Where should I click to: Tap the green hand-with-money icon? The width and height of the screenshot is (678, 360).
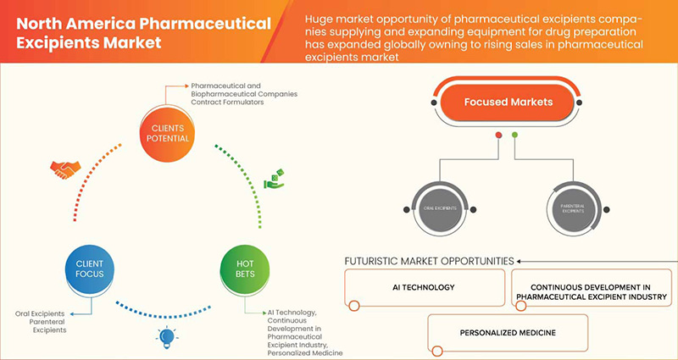[x=273, y=180]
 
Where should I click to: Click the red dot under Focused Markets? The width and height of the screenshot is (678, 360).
[x=499, y=134]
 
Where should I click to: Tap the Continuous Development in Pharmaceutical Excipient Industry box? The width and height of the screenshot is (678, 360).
[x=594, y=291]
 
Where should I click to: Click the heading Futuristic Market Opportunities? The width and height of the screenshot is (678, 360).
[x=428, y=261]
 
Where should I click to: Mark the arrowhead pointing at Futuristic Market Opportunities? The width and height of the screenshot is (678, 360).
[x=519, y=261]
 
